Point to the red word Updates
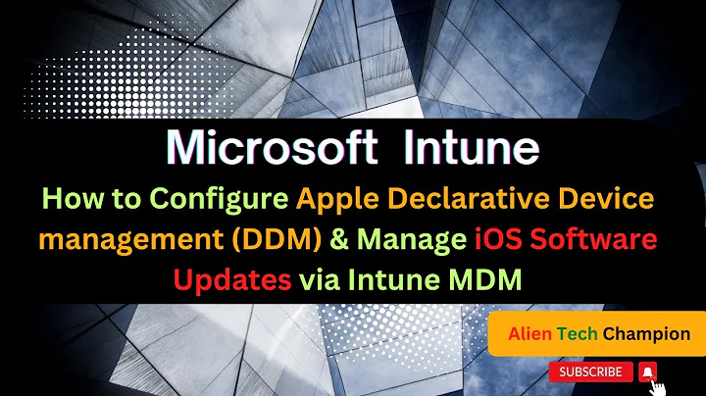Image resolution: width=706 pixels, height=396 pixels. [232, 280]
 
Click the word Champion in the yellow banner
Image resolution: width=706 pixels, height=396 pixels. [647, 334]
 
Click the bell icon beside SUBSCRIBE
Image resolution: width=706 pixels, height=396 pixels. [647, 372]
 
